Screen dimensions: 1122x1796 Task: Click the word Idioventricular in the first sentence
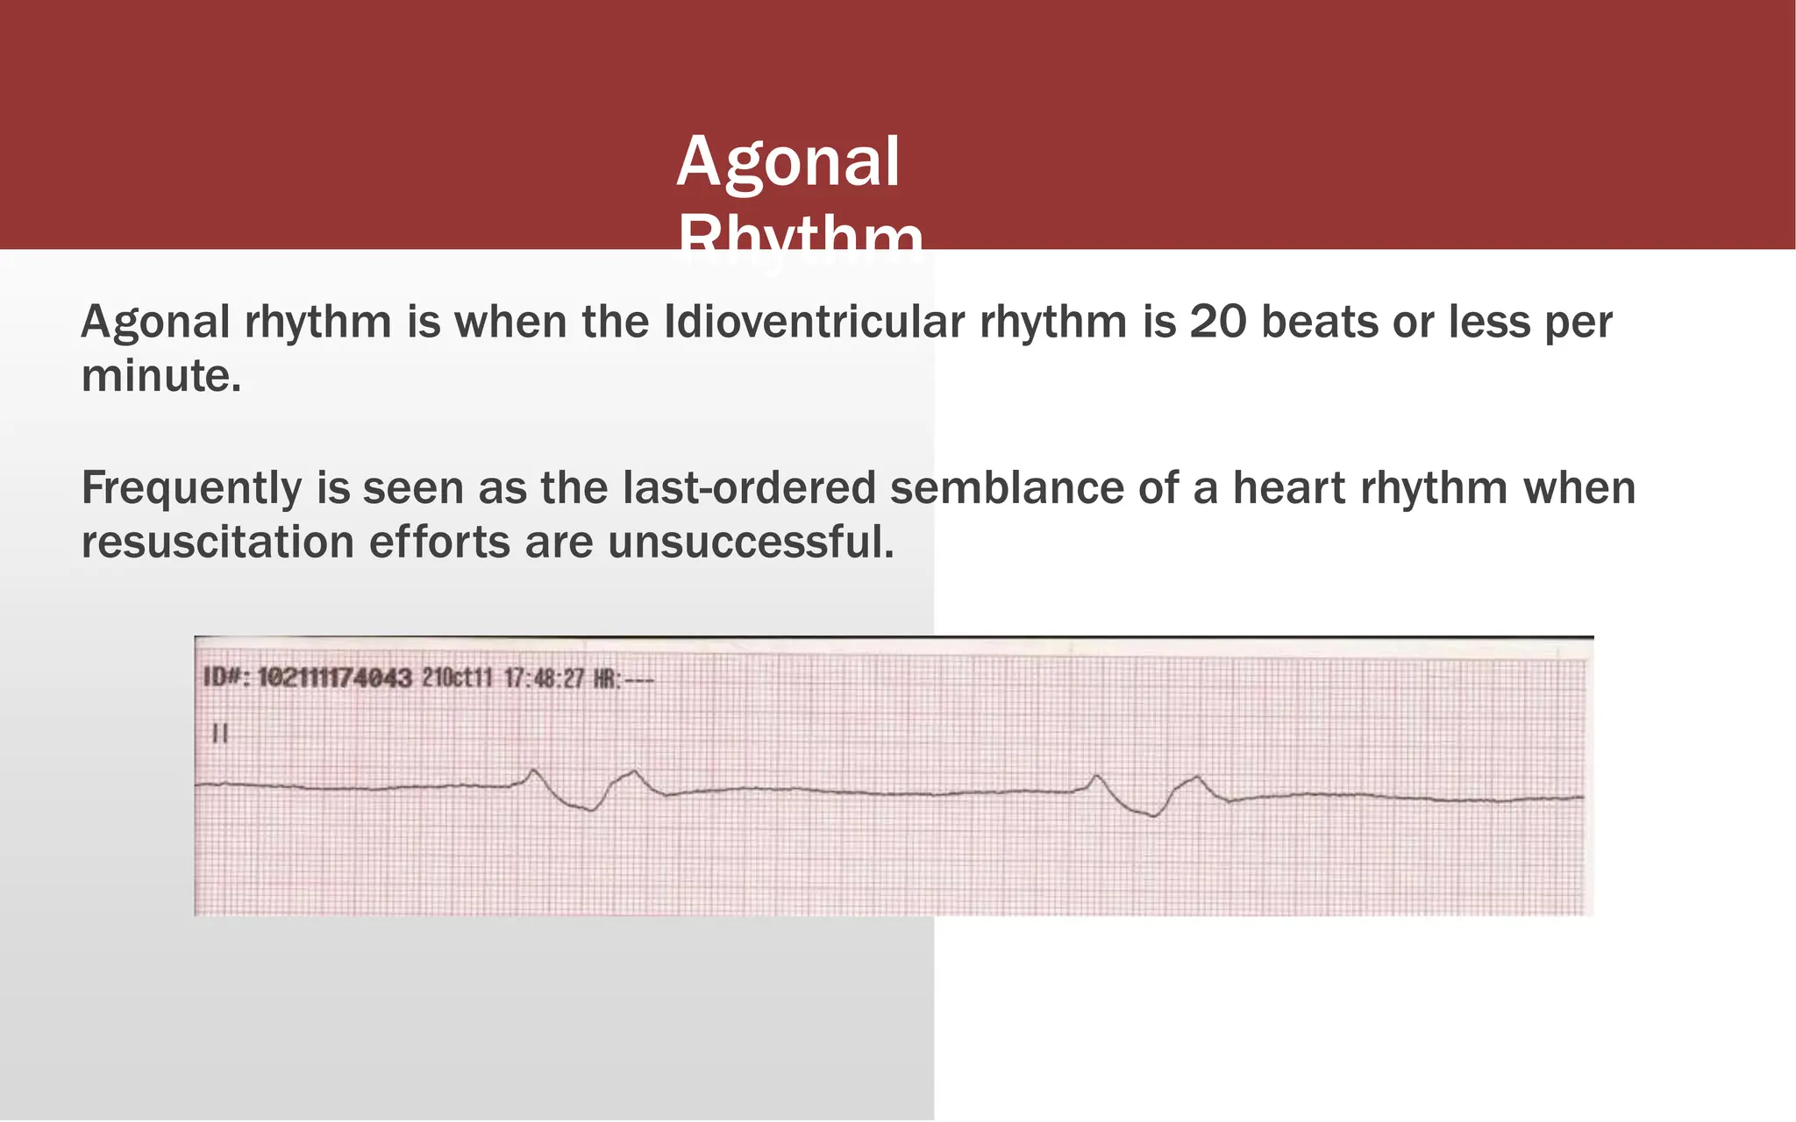tap(814, 322)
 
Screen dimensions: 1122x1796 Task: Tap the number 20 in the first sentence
tap(1218, 322)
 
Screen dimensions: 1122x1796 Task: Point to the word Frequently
tap(191, 488)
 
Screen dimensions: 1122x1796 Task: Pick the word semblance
tap(1007, 488)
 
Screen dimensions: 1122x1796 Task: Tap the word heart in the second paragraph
tap(1288, 488)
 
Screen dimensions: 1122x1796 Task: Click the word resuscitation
tap(217, 542)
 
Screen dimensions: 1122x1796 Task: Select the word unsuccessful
tap(751, 542)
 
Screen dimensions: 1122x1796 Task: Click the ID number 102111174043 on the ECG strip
tap(334, 678)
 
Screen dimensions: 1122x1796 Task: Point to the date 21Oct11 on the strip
tap(457, 678)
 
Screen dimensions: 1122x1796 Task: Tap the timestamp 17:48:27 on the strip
tap(543, 678)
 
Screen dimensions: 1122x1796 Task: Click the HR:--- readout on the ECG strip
tap(624, 678)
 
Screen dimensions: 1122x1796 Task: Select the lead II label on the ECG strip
tap(220, 733)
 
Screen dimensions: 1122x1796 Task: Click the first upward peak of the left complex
tap(533, 770)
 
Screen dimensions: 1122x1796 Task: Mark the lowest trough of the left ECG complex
tap(591, 810)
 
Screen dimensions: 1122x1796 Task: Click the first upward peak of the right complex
tap(1096, 776)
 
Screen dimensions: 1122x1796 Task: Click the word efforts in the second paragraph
tap(439, 542)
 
